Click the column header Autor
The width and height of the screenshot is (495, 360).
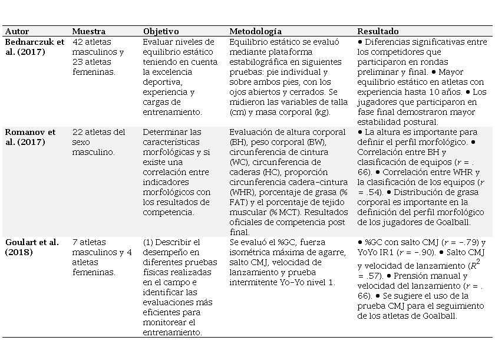16,31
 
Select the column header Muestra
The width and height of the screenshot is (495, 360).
88,31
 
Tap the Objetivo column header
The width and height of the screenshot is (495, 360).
161,31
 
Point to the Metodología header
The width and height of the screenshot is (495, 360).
255,31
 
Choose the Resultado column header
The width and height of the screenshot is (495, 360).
378,31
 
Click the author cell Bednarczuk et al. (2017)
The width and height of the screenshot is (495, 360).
34,47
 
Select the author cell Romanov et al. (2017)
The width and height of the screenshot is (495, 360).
30,137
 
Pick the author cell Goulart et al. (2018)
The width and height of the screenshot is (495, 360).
32,247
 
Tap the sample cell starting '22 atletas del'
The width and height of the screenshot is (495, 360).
98,132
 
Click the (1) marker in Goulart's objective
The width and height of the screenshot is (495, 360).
150,242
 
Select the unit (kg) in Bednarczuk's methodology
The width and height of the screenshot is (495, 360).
322,112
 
